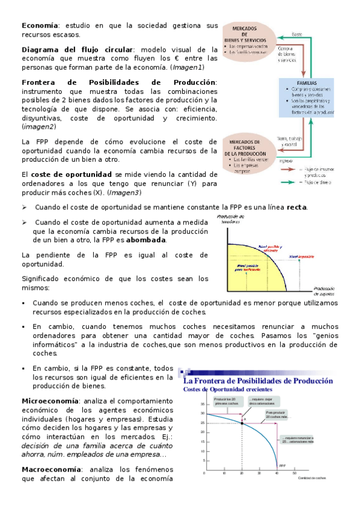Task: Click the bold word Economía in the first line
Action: tap(40, 26)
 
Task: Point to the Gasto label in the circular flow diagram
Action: tap(297, 34)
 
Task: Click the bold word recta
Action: tap(296, 207)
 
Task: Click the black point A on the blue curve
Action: tap(242, 423)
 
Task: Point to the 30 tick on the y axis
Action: tap(201, 414)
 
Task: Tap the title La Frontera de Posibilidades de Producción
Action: tap(257, 381)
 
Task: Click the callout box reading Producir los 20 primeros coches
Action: tap(224, 402)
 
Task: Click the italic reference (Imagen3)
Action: tap(123, 192)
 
